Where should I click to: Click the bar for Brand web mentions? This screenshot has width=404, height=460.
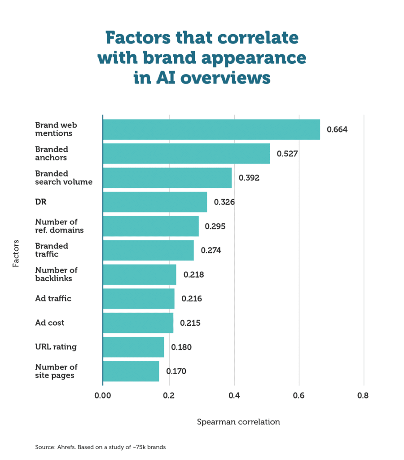211,129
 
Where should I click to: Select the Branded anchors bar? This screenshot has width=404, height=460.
186,154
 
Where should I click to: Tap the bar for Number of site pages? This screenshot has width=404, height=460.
131,371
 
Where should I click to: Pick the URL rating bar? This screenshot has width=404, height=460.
133,347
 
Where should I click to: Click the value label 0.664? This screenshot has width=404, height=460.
337,130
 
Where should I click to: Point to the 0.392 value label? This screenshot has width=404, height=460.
249,177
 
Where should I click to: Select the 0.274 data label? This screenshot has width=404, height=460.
211,250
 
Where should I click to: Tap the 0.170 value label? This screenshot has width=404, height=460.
176,372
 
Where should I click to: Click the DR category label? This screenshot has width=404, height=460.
41,202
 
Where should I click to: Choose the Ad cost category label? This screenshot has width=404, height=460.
50,323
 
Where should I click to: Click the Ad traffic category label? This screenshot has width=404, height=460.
53,298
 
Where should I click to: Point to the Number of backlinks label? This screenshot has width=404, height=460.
56,274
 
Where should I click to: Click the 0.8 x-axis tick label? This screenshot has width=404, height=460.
363,396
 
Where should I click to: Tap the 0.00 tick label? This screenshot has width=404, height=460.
103,396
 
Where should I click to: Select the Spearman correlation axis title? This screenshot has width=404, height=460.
238,422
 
